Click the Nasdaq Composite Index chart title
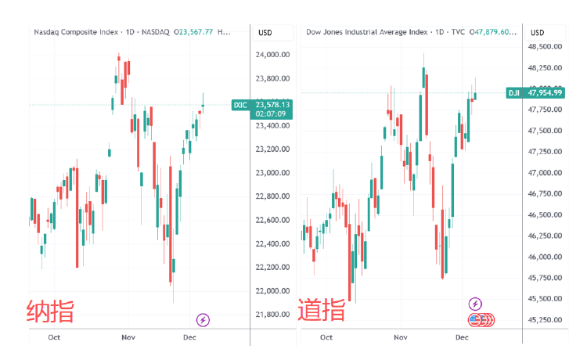(x=77, y=32)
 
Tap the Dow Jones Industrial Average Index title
(x=366, y=32)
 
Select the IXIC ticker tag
(x=240, y=104)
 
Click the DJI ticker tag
(x=514, y=92)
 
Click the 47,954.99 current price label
(x=546, y=92)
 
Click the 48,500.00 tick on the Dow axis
(x=547, y=46)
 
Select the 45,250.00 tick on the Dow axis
(x=547, y=319)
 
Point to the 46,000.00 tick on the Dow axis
(x=547, y=257)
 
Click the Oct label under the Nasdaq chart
(x=54, y=337)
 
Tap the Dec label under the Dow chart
(x=462, y=337)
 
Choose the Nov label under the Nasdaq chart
(x=128, y=337)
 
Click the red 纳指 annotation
(x=51, y=311)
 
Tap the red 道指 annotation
(x=321, y=310)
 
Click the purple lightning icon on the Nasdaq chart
(x=203, y=319)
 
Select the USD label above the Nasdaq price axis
(x=265, y=32)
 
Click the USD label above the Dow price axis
(x=538, y=32)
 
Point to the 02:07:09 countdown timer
(x=269, y=113)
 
